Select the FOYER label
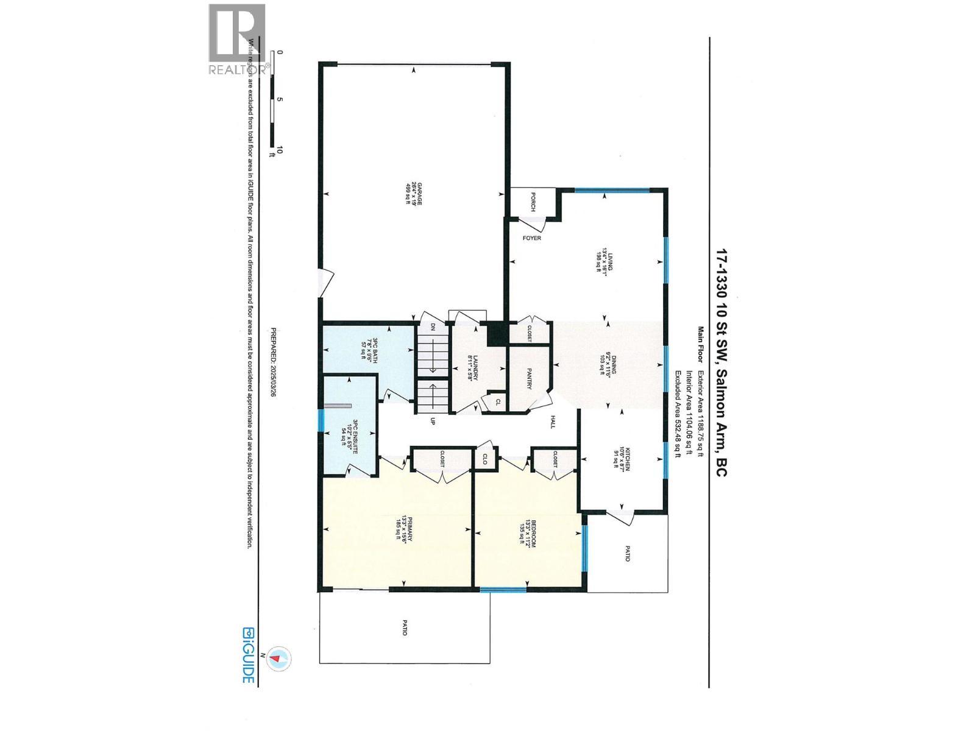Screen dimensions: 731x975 (x=532, y=238)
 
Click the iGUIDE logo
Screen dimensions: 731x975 (x=248, y=655)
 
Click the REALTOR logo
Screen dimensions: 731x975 (x=237, y=40)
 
